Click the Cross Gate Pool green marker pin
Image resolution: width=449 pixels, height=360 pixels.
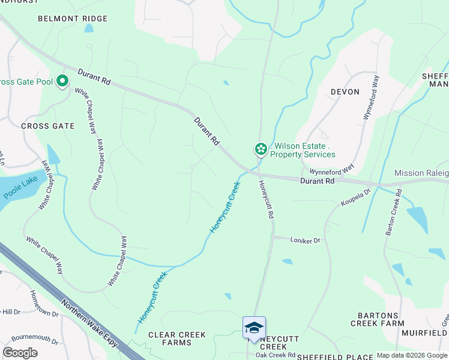(62, 81)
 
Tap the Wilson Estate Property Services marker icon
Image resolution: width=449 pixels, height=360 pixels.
(261, 148)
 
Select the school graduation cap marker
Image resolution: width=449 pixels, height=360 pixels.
(254, 328)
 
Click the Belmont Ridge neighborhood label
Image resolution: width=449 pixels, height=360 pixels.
(68, 19)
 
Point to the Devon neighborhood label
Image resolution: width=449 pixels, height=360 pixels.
(345, 92)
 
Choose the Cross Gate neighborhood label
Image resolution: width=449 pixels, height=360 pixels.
(47, 126)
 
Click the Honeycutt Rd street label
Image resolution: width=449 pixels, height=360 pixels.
(267, 199)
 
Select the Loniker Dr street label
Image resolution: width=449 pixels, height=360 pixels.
(306, 241)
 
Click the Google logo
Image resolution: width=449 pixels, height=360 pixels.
(20, 352)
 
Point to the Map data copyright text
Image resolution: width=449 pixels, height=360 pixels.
(412, 355)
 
